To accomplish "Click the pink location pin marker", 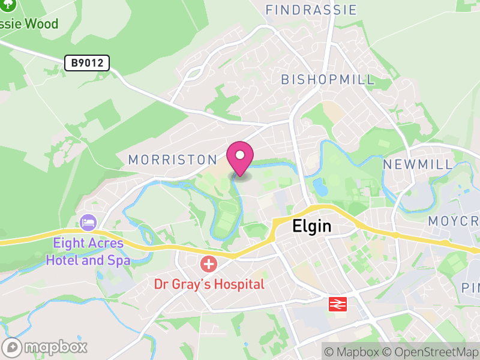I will pos(240,157).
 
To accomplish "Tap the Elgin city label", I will pos(312,226).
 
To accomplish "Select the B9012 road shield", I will pos(87,62).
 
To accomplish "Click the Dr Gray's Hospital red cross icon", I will pos(209,263).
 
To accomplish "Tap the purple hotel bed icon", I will pos(88,223).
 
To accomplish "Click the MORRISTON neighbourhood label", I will pos(172,160).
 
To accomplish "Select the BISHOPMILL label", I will pos(328,80).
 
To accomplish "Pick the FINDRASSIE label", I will pos(311,10).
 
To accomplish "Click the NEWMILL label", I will pos(418,164).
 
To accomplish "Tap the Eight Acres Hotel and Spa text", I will pos(88,252).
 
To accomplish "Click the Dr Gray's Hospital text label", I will pos(209,284).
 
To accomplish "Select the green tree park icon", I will pos(8,5).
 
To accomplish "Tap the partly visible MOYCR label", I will pos(454,221).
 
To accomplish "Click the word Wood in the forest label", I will pos(42,24).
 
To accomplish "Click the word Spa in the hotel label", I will pos(119,261).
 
